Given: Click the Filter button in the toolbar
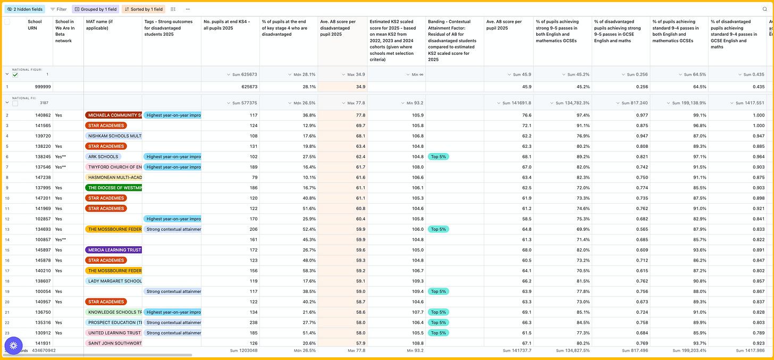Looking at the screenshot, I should [58, 9].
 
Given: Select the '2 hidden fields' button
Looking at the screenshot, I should [25, 9].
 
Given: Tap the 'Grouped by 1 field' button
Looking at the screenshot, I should [95, 9].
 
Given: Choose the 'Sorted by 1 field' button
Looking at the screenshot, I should [143, 9].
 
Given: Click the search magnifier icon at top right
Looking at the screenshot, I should [765, 9].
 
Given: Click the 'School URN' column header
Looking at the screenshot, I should [35, 24].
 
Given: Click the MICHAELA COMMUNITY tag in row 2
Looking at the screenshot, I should [113, 115].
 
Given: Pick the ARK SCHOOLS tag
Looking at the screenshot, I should [104, 156].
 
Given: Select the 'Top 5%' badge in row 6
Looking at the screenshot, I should [439, 156].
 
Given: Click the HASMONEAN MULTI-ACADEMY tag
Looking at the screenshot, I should [113, 177].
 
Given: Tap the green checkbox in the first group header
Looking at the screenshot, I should [15, 75].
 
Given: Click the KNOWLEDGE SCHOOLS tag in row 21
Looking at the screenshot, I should [113, 312].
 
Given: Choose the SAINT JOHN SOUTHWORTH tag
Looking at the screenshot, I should [113, 343].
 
